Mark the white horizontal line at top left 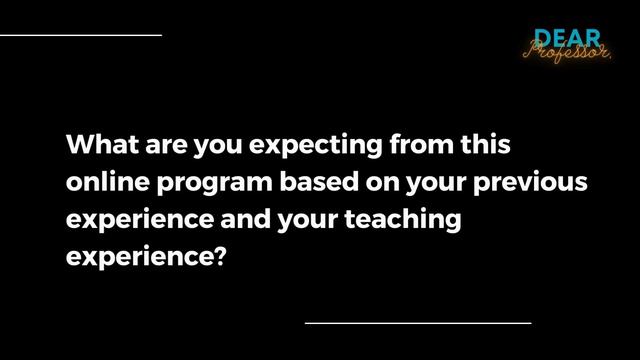(80, 35)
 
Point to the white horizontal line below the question (417, 323)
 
